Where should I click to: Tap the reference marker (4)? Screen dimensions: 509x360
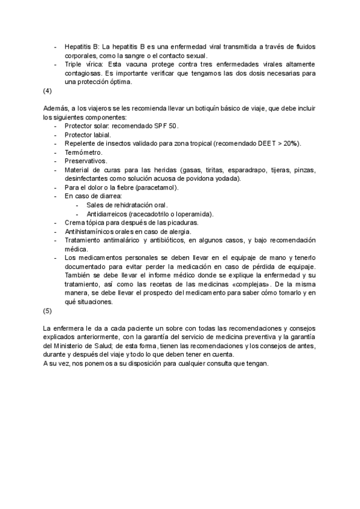point(48,91)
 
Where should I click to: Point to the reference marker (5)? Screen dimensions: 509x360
point(48,311)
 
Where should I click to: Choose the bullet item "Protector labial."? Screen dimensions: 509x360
point(88,135)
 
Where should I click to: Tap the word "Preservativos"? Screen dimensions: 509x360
point(86,161)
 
